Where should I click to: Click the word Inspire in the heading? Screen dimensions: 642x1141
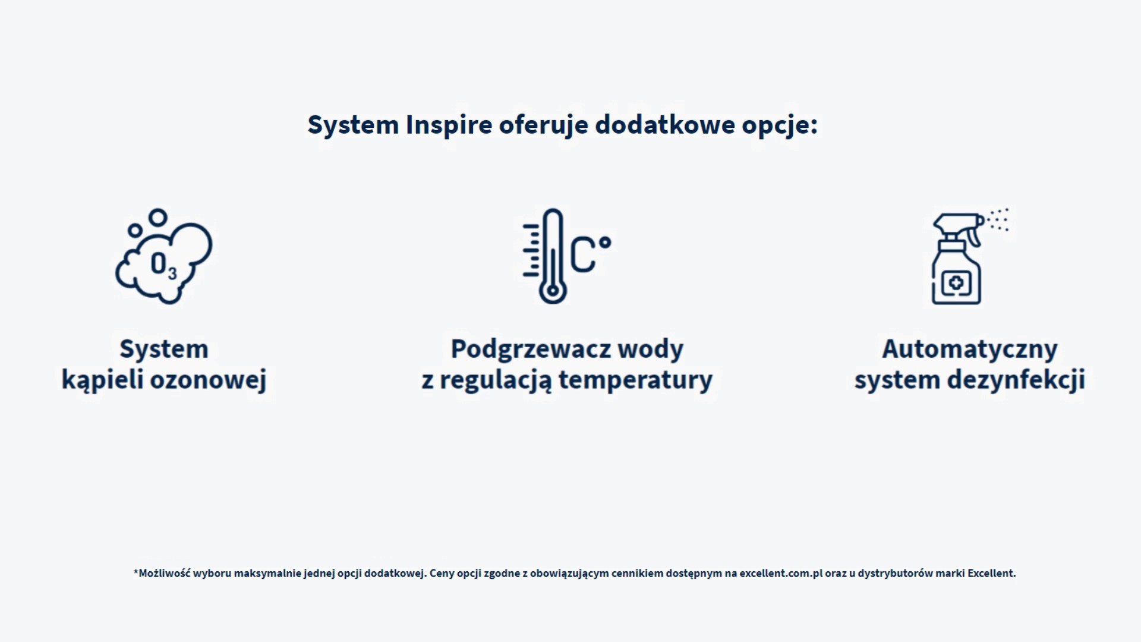(x=449, y=125)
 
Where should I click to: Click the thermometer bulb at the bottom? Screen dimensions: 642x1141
(x=553, y=291)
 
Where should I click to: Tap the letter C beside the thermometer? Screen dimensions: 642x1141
(x=583, y=254)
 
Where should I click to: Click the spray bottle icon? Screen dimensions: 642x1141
(x=957, y=262)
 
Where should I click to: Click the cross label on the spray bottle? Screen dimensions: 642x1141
(x=956, y=283)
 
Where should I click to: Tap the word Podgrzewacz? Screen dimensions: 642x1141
(x=530, y=350)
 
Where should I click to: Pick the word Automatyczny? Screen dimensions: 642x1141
(x=969, y=350)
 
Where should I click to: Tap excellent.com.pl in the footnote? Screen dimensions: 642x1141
(x=781, y=574)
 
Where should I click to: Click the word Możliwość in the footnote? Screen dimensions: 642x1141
(x=164, y=574)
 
